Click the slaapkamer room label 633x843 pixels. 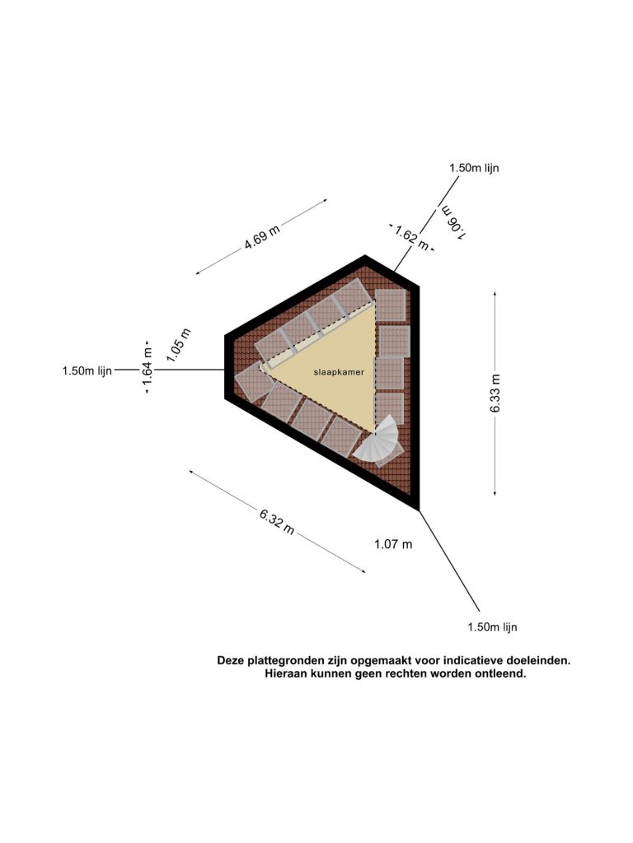(339, 371)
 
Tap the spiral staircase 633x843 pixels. (378, 440)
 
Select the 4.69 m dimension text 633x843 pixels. (262, 237)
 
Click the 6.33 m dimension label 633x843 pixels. (495, 393)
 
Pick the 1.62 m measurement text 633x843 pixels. (412, 238)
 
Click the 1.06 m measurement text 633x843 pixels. (452, 222)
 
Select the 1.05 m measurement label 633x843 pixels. (178, 345)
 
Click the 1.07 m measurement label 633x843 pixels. (393, 544)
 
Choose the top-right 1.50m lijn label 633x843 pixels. (474, 168)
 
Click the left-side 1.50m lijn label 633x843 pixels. (87, 370)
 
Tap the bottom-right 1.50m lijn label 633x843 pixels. (493, 626)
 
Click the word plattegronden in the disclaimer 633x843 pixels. (283, 660)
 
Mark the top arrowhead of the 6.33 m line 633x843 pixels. (495, 294)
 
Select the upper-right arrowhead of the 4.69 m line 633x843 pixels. (325, 201)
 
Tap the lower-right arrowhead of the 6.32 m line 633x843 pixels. (363, 571)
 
